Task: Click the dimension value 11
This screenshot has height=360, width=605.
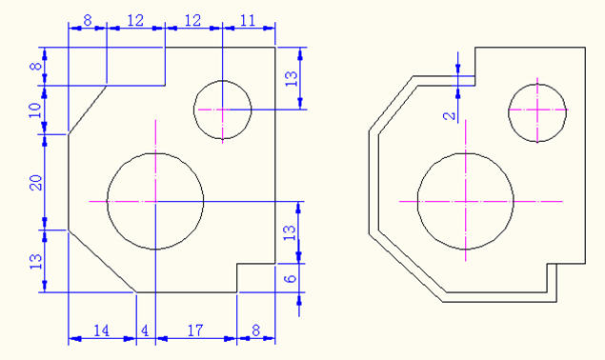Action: [248, 20]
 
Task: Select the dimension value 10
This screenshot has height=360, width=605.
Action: [35, 110]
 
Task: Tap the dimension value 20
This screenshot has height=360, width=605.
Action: [36, 183]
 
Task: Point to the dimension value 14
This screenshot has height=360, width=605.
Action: [102, 330]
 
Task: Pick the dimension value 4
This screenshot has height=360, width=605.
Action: [145, 330]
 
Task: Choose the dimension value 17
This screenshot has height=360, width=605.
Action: [195, 330]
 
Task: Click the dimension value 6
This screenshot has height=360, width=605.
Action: [291, 278]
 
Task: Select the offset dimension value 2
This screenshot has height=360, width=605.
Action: [450, 116]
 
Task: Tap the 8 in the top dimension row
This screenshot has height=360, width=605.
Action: [88, 20]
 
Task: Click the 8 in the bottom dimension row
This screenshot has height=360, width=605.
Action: [255, 330]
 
